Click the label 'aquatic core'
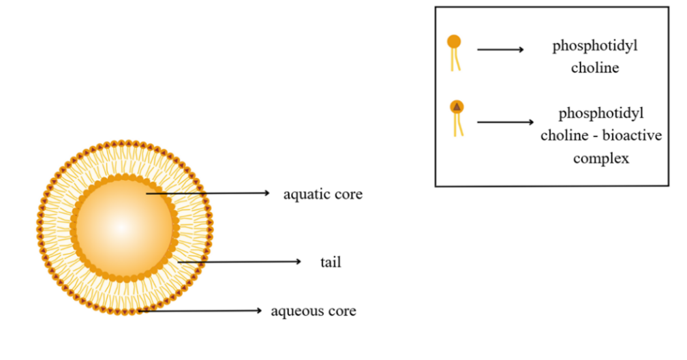pos(322,194)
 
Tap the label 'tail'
pos(331,262)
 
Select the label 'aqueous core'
pos(314,312)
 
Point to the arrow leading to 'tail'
pos(239,262)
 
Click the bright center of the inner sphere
pos(122,226)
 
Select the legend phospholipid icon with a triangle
pos(457,117)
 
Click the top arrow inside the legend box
pos(500,50)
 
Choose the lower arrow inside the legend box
pos(505,122)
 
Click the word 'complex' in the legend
pos(601,159)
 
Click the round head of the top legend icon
pos(454,42)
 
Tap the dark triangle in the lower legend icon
pos(457,106)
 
